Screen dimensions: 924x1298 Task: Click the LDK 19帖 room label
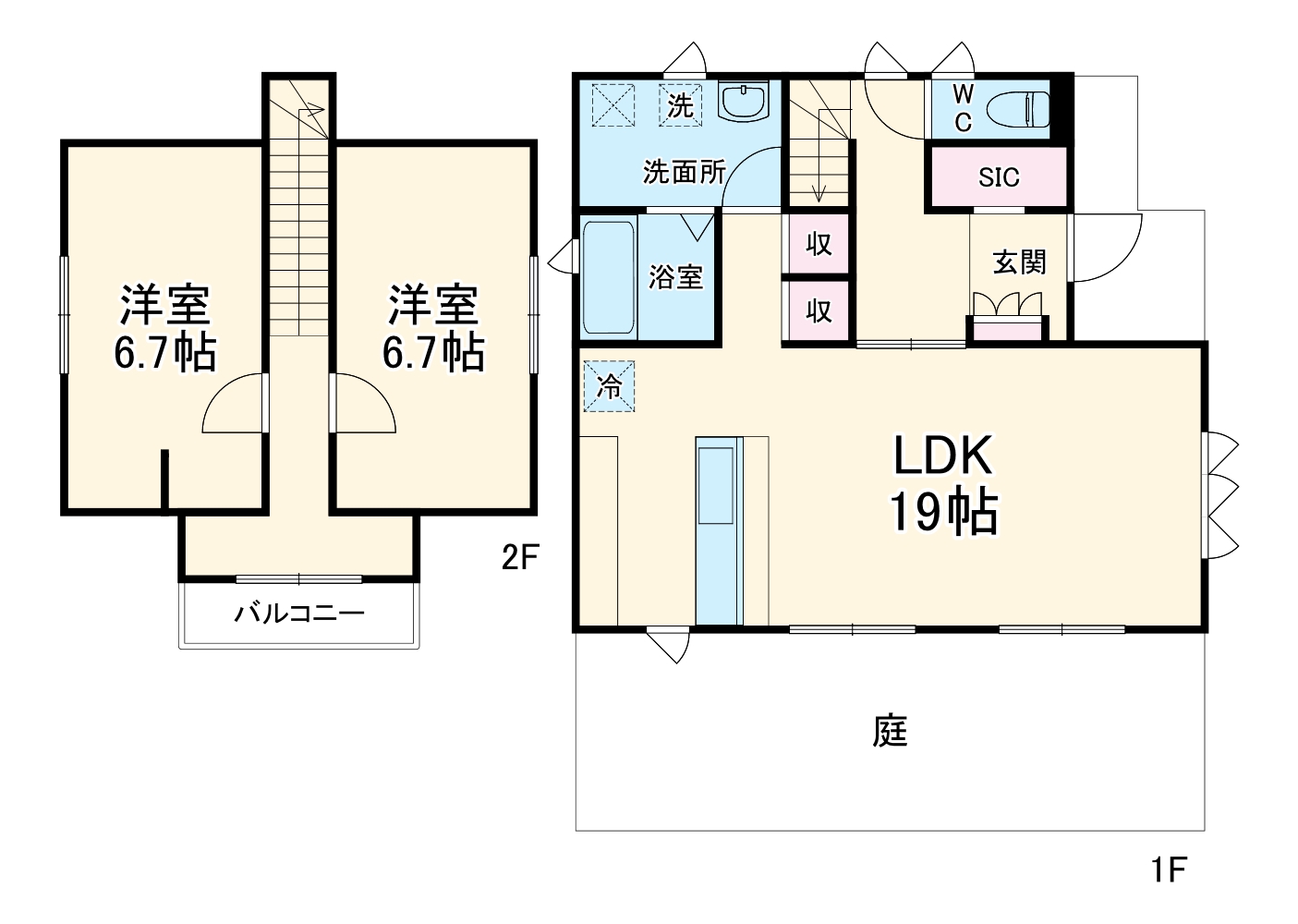(942, 483)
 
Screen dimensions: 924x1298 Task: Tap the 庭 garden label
(890, 731)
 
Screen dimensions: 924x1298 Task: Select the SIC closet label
(999, 176)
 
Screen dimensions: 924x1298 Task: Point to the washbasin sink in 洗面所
(744, 102)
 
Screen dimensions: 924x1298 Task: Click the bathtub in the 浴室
(609, 276)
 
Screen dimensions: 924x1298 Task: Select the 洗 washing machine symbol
(681, 104)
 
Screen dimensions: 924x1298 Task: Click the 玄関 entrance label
(1019, 262)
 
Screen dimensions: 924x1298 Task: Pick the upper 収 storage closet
(818, 245)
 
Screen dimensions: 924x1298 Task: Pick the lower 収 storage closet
(818, 311)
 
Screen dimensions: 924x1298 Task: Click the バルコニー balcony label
(299, 613)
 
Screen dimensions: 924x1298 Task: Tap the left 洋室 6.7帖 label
(164, 328)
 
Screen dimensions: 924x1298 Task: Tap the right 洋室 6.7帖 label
(433, 328)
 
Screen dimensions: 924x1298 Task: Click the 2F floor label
(519, 557)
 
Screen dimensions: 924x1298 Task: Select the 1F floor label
(1168, 869)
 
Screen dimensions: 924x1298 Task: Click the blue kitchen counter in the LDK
(719, 531)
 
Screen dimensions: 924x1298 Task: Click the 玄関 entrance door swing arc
(1104, 248)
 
